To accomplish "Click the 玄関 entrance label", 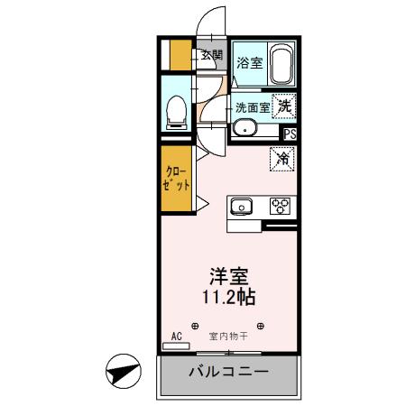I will pyautogui.click(x=212, y=54).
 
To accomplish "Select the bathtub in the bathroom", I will pyautogui.click(x=282, y=63).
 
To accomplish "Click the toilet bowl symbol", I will pyautogui.click(x=177, y=110).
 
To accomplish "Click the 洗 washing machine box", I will pyautogui.click(x=284, y=105).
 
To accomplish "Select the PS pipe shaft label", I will pyautogui.click(x=290, y=133).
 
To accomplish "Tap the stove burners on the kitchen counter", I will pyautogui.click(x=279, y=206).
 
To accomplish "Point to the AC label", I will pyautogui.click(x=177, y=335).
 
